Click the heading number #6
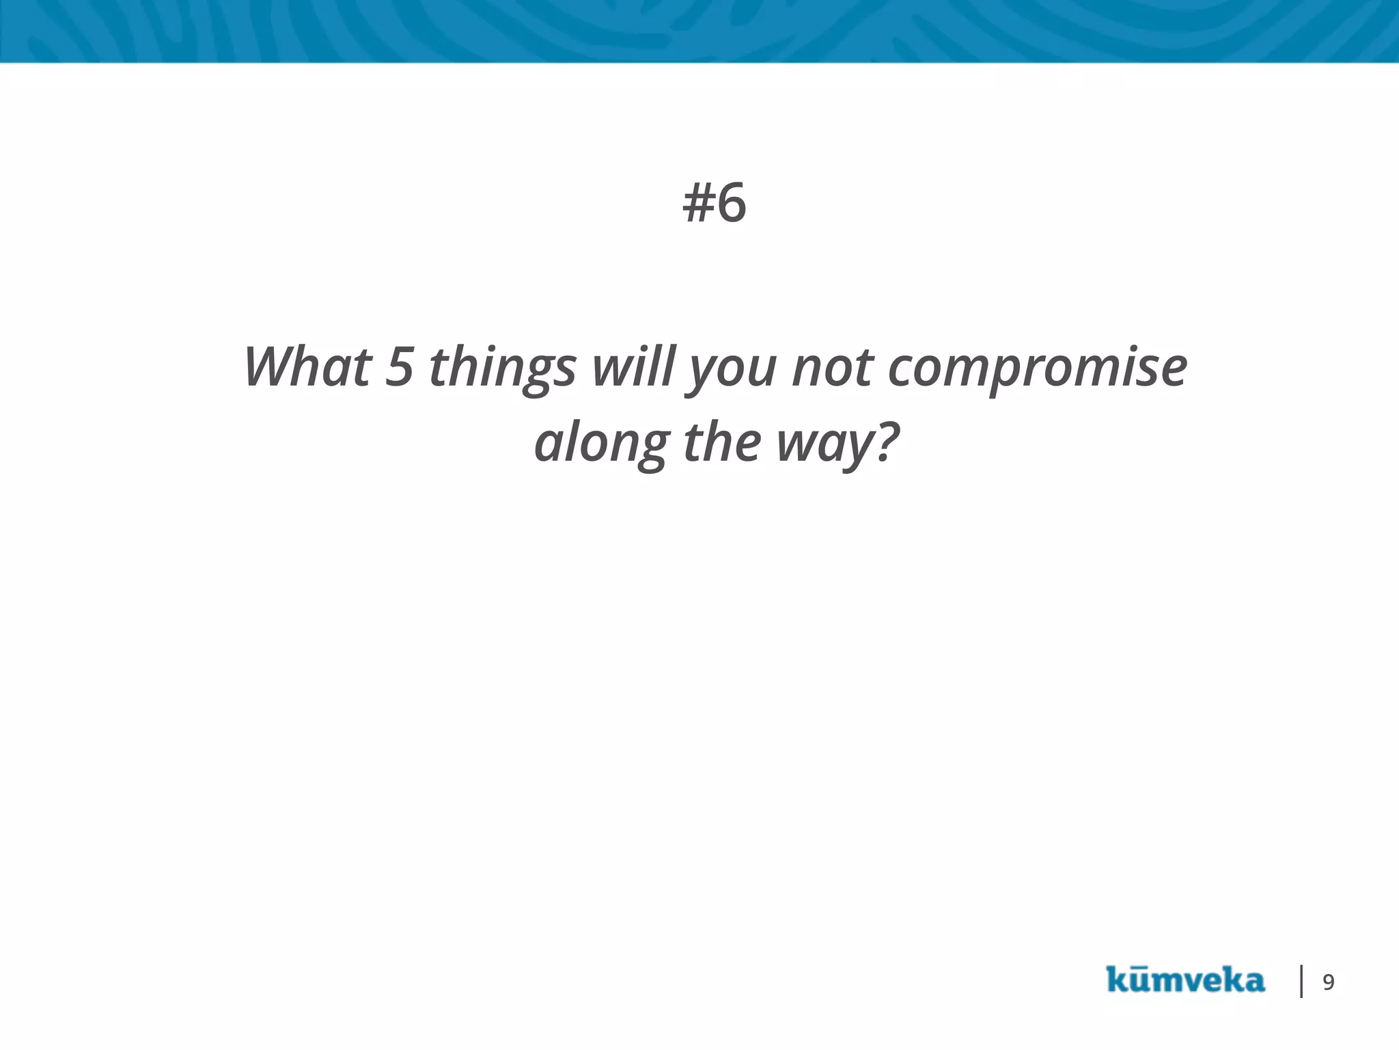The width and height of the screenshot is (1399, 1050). (715, 203)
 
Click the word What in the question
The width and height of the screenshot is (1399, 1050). (307, 367)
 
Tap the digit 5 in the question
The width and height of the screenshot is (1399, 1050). (400, 367)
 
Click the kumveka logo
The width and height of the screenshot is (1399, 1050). (1185, 980)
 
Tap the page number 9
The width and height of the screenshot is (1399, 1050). (1329, 982)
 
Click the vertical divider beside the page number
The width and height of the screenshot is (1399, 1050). (1301, 981)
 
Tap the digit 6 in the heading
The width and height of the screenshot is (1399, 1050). (732, 203)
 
